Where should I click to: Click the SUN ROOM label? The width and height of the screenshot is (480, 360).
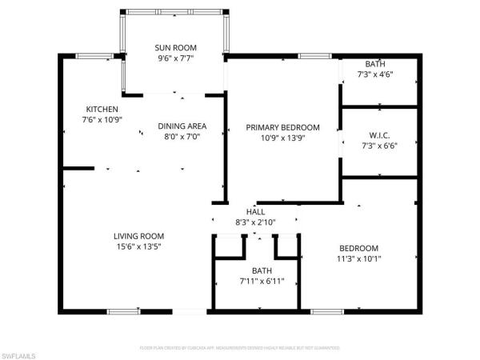pos(175,47)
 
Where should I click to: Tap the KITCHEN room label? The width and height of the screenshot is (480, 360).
pos(102,109)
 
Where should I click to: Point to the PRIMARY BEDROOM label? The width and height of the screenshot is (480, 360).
pos(282,127)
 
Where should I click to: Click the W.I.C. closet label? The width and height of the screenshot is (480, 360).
pos(379,134)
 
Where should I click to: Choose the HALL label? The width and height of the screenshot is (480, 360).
pos(256,211)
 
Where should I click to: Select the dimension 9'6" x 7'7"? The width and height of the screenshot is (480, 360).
pos(175,58)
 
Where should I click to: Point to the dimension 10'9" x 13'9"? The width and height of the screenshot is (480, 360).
pos(282,138)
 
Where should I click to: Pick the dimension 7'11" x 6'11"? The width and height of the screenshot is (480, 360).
pos(256,282)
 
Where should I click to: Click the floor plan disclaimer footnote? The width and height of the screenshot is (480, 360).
pos(240,348)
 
